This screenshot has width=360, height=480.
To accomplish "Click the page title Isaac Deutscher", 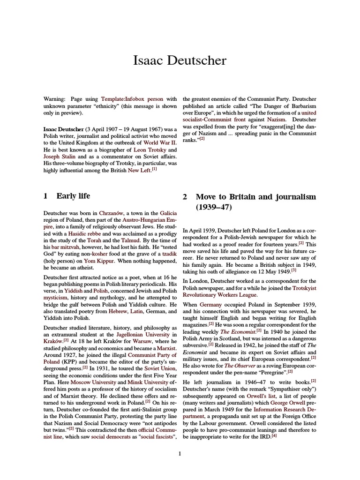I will point(180,60).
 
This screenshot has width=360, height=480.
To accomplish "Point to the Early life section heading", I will point(73,196).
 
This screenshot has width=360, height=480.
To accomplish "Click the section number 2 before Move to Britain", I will point(185,196).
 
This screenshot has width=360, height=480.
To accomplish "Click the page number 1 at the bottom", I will point(180,453).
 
